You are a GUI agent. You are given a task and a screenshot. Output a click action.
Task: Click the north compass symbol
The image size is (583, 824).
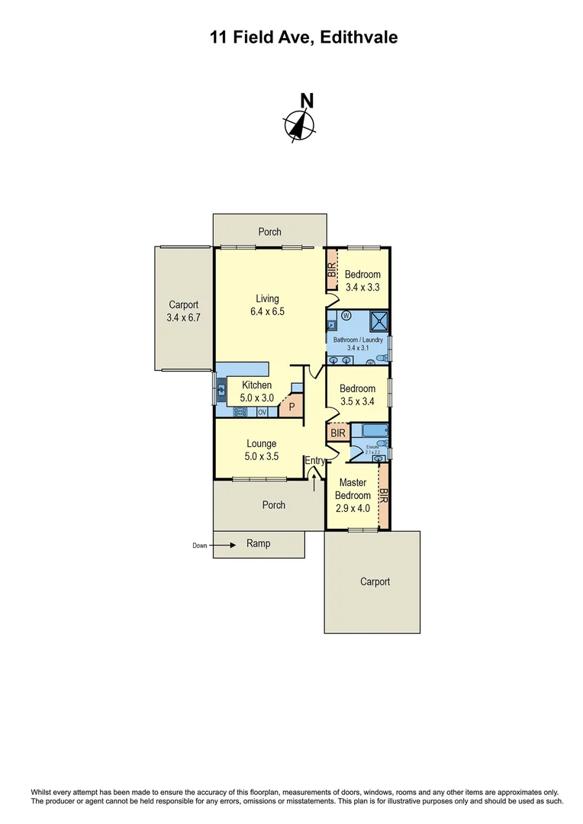pos(300,124)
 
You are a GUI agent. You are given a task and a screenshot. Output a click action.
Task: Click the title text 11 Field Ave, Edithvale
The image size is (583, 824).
pos(304,37)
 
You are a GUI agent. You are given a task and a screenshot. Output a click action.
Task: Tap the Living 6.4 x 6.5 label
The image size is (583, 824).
pos(267,305)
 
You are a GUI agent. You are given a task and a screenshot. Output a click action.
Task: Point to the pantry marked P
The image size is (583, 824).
pos(291,407)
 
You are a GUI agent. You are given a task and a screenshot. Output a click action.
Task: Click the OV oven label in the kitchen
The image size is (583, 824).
pos(262,413)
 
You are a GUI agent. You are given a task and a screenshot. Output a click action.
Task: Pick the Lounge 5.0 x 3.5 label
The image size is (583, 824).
pos(262,450)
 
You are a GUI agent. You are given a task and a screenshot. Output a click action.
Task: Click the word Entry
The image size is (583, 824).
pos(315,461)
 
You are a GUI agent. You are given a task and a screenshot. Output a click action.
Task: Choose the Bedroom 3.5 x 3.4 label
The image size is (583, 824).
pos(358,394)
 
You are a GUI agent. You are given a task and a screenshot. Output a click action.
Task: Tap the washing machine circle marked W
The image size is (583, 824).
pos(346,315)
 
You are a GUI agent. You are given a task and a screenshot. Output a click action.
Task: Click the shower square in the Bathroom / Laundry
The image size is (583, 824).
pos(379,320)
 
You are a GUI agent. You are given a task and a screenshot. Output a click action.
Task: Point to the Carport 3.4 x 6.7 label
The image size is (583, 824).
pos(183,311)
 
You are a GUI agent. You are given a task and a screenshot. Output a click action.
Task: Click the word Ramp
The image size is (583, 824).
pos(258,543)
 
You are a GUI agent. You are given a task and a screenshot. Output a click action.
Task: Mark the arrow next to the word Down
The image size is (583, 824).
pos(223,545)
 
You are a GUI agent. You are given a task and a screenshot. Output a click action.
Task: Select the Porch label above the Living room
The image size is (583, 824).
pos(269,232)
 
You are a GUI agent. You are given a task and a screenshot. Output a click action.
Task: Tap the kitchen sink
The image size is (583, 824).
pos(222,391)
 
